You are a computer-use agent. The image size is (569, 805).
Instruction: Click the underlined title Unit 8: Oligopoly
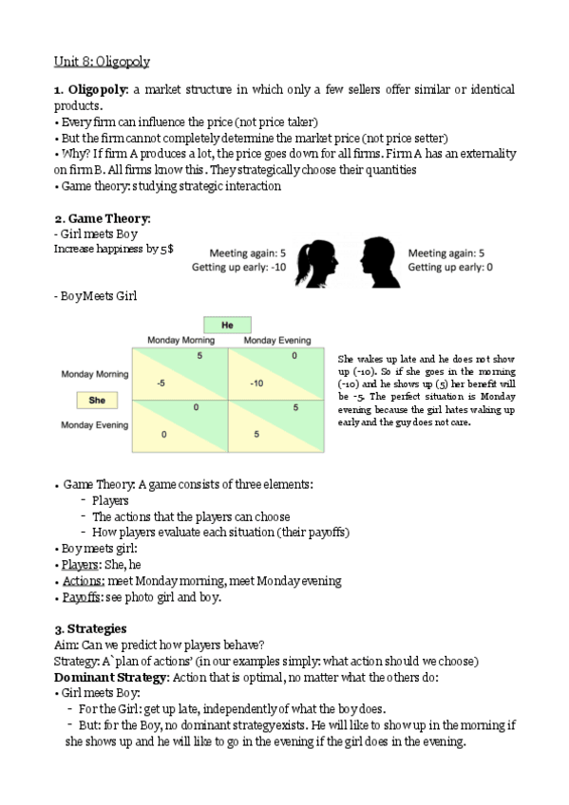click(101, 62)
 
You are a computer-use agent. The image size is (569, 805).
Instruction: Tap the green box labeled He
click(227, 325)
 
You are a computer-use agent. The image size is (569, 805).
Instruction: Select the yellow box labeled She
click(97, 401)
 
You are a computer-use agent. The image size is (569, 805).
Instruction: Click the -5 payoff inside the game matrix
click(162, 384)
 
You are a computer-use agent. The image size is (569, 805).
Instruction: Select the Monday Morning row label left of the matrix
click(95, 374)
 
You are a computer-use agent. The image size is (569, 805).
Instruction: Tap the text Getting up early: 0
click(450, 268)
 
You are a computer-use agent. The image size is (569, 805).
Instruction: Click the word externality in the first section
click(481, 153)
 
